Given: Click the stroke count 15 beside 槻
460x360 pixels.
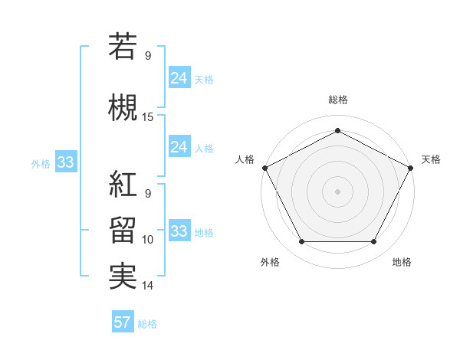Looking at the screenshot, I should (148, 117).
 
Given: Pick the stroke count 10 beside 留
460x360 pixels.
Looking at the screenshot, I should (148, 240).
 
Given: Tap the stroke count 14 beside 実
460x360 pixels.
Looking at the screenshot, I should (148, 286).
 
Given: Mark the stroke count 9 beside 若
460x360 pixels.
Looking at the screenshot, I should (148, 55).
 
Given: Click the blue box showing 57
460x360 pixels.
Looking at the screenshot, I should (123, 322).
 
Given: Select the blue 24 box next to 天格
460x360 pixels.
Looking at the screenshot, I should (179, 77).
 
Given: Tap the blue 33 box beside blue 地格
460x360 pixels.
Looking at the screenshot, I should (179, 231).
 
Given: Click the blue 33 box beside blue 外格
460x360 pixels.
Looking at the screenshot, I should (65, 162).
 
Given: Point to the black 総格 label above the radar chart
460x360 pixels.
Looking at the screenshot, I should (337, 100).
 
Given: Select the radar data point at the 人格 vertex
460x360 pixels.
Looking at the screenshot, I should (264, 167).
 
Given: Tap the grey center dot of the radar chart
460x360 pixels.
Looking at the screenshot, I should (337, 191).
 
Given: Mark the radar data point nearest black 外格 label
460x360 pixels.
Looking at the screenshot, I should (301, 242).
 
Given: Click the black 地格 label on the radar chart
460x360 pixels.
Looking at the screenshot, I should (402, 262).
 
